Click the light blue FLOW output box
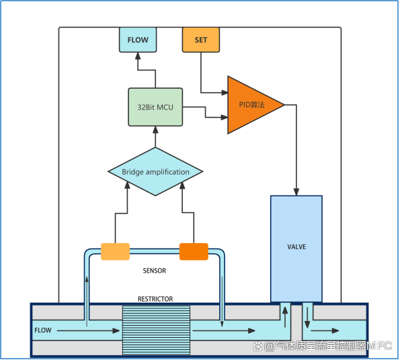tap(138, 40)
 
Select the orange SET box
tap(201, 40)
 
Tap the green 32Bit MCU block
tap(155, 107)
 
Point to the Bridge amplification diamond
tap(155, 171)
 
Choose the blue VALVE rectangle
tap(296, 249)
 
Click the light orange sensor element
tap(116, 251)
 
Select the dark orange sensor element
tap(194, 251)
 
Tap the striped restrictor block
tap(156, 330)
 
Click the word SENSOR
tap(155, 271)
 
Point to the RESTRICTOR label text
tap(155, 299)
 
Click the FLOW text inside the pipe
tap(43, 330)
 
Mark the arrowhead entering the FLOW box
tap(138, 56)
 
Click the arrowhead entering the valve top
tap(296, 191)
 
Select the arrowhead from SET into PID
tap(225, 93)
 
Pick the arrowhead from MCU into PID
tap(225, 117)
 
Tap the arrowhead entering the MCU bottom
tap(155, 130)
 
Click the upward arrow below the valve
tap(285, 317)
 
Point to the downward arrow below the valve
tap(307, 318)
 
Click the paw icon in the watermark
tap(257, 347)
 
